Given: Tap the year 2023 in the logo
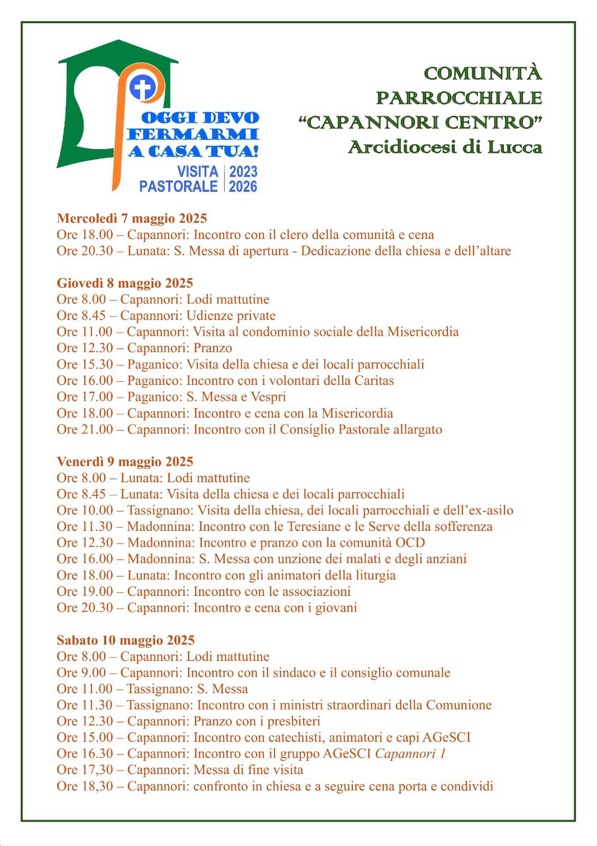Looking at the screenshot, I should [243, 171].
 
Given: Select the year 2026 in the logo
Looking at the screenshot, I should [243, 186].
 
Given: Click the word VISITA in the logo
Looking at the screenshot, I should [198, 171].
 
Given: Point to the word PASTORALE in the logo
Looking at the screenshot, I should [179, 186].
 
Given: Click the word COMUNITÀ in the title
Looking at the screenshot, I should [483, 73].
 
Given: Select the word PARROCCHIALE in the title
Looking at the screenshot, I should [459, 98].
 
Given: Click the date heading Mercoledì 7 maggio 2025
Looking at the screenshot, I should [132, 218].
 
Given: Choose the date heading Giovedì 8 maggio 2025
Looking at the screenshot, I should [125, 283].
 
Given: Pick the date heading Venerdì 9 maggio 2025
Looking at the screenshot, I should [125, 462].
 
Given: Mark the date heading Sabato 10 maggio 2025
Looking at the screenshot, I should [126, 640].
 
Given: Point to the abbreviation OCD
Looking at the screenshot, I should [410, 543].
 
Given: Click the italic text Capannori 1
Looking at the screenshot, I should [410, 753].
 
